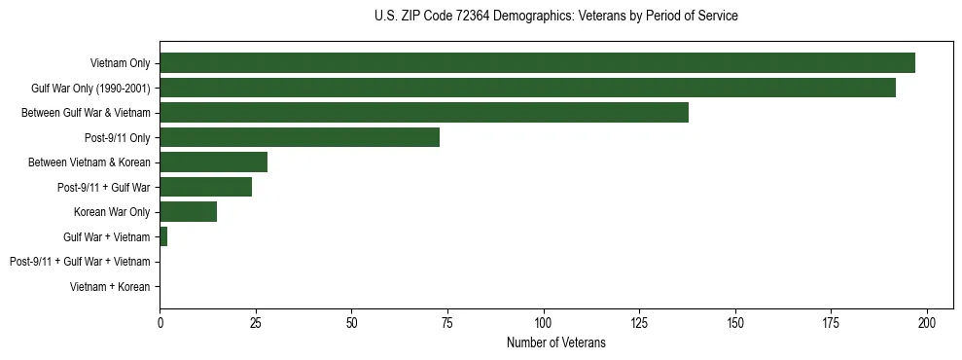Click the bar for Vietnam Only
[537, 63]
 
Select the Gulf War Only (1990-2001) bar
[527, 88]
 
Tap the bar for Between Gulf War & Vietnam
[424, 113]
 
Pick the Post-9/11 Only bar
[300, 137]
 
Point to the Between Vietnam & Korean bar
[213, 162]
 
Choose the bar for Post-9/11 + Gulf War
[205, 187]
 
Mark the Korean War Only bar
[188, 212]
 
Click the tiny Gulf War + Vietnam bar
[163, 236]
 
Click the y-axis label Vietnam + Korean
[110, 287]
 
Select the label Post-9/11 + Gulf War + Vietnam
[80, 262]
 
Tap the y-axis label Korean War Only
[112, 212]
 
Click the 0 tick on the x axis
[160, 322]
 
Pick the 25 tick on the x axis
[255, 322]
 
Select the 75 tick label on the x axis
[447, 322]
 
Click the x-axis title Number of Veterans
[555, 342]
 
